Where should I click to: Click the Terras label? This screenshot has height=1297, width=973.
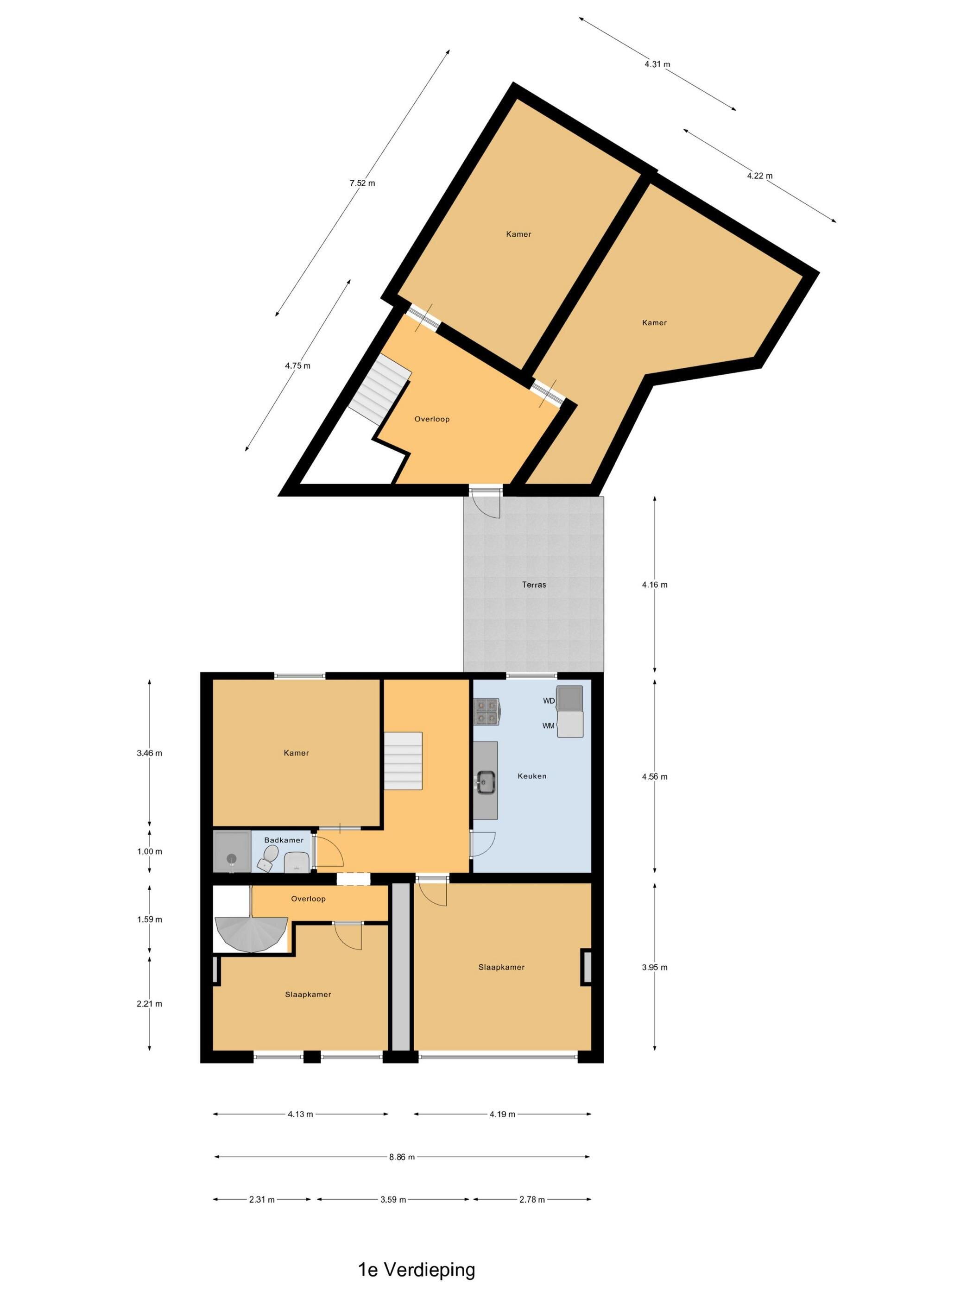(534, 585)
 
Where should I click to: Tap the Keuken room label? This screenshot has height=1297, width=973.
(532, 776)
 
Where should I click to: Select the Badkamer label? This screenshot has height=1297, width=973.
(284, 840)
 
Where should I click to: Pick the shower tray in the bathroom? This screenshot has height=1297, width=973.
(232, 851)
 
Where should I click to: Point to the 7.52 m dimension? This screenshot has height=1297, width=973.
(362, 183)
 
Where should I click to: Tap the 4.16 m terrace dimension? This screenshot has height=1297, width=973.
(655, 585)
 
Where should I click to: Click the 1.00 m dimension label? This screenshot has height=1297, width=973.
(150, 851)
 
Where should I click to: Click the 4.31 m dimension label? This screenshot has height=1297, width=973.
(657, 64)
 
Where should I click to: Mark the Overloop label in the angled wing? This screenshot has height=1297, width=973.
(432, 419)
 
